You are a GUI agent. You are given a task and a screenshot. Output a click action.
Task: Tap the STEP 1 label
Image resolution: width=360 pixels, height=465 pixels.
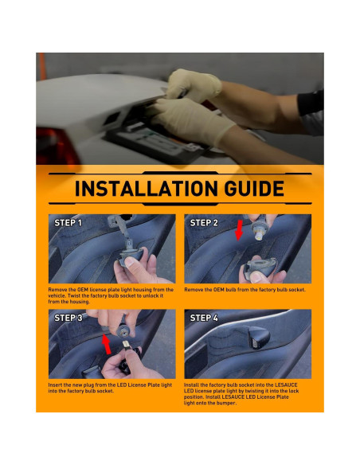[68, 223]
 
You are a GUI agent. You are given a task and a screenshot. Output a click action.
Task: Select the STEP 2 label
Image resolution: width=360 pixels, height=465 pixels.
[204, 223]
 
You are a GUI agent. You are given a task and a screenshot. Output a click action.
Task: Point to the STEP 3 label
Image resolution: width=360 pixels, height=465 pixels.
[68, 318]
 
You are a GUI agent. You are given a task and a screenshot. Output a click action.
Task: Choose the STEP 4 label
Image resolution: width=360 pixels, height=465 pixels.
[204, 318]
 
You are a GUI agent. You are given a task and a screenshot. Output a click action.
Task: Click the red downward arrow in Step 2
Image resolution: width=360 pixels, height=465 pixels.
[239, 230]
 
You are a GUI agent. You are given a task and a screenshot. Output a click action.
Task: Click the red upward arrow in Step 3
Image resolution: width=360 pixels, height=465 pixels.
[106, 344]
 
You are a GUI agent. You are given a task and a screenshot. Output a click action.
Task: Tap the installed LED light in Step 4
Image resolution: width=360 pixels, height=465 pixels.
[259, 338]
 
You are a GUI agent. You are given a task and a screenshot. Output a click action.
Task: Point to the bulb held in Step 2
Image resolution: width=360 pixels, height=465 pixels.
[259, 236]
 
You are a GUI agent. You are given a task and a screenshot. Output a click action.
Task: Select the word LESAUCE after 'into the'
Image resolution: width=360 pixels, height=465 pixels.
[286, 385]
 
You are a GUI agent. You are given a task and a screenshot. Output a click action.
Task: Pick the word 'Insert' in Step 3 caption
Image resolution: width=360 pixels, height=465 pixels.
[56, 385]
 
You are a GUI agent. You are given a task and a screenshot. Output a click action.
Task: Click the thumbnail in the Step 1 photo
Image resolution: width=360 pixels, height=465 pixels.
[129, 262]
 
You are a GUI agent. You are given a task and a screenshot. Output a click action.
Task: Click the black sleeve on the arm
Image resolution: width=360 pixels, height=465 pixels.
[311, 102]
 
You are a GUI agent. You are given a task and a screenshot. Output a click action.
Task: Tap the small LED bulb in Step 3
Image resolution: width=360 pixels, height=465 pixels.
[125, 345]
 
